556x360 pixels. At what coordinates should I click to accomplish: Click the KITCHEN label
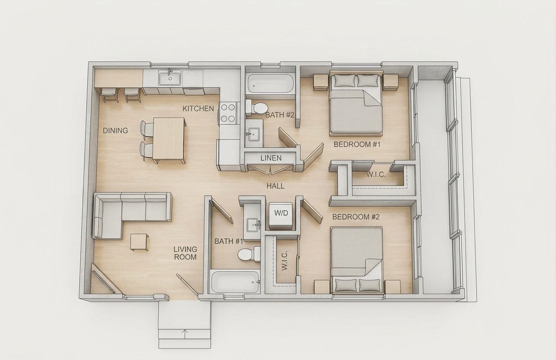[198, 109]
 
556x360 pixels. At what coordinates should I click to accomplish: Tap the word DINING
[116, 130]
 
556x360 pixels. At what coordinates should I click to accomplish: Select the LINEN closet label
[271, 158]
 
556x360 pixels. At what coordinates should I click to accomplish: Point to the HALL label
[276, 186]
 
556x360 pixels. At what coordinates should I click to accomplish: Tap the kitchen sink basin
[170, 78]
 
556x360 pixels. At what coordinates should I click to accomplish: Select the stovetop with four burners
[228, 113]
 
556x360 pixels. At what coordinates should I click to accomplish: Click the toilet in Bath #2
[257, 108]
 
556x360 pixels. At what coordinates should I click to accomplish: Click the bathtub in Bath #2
[270, 84]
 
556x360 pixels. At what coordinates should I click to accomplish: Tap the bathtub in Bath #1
[235, 282]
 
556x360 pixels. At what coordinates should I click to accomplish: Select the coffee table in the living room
[139, 242]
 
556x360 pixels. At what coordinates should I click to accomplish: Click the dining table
[169, 138]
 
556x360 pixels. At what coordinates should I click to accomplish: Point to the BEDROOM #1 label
[357, 144]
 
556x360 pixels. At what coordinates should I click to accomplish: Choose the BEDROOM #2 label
[356, 217]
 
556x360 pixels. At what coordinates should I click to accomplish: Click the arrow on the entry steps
[185, 334]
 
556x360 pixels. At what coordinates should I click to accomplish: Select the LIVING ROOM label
[185, 253]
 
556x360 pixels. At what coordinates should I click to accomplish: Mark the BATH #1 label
[228, 241]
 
